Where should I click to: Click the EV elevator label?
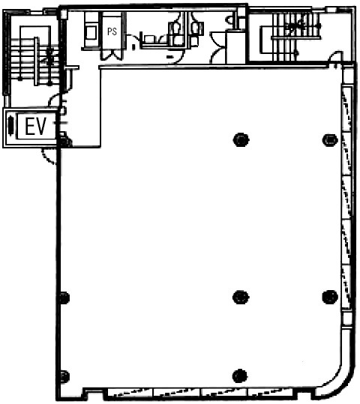(x=35, y=126)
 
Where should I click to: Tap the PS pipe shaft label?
(x=112, y=31)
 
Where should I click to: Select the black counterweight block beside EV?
(x=10, y=126)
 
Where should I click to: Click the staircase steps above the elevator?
(x=34, y=61)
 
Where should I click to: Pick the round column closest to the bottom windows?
(x=239, y=376)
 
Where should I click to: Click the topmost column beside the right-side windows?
(x=330, y=140)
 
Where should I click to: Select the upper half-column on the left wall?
(x=64, y=298)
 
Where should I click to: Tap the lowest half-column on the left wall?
(x=64, y=377)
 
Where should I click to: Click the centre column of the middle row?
(x=241, y=297)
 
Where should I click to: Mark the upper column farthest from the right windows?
(x=241, y=139)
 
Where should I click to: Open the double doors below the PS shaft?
(x=111, y=55)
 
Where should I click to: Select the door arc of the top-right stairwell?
(x=334, y=57)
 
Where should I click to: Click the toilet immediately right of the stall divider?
(x=196, y=28)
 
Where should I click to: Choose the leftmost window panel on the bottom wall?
(x=130, y=393)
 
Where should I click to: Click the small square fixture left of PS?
(x=91, y=32)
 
